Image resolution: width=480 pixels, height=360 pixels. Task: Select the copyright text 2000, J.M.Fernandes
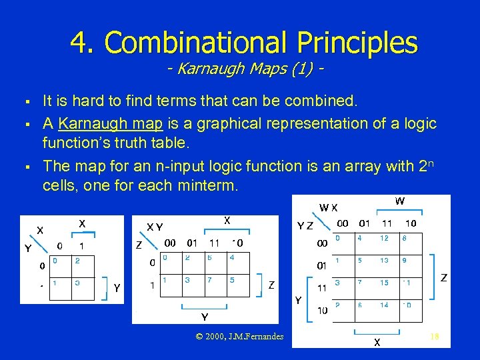[x=241, y=337]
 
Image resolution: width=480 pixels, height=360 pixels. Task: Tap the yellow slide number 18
[x=434, y=337]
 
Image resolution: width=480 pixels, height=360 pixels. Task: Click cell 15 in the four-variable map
[x=385, y=283]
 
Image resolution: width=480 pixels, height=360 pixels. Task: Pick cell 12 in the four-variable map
[x=385, y=239]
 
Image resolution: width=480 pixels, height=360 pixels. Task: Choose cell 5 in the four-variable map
[x=361, y=261]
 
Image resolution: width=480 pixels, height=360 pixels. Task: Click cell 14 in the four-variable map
[x=385, y=305]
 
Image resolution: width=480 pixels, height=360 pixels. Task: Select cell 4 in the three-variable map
[x=231, y=257]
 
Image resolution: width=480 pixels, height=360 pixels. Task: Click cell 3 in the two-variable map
[x=77, y=283]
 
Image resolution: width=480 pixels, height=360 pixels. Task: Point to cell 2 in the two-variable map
[x=77, y=261]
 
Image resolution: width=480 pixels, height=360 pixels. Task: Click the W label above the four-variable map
[x=399, y=201]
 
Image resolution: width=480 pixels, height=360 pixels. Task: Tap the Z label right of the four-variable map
[x=443, y=277]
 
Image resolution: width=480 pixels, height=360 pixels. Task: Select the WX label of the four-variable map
[x=328, y=208]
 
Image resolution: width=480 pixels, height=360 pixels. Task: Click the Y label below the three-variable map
[x=205, y=316]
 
